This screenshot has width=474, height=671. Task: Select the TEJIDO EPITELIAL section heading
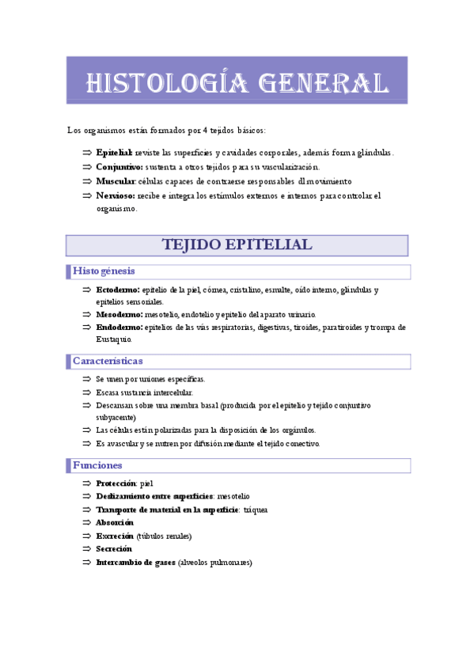tap(237, 245)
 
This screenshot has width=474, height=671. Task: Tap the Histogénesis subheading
tap(104, 271)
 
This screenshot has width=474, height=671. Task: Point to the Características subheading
tap(108, 361)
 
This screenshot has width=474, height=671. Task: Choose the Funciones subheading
tap(97, 464)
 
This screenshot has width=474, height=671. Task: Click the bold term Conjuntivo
tap(119, 167)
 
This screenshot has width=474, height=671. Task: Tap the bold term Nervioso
tap(115, 195)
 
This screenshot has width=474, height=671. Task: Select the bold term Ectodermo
tap(117, 290)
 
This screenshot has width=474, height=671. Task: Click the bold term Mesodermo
tap(118, 314)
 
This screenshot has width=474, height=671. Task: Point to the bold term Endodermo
tap(119, 327)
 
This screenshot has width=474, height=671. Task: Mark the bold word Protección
tap(116, 483)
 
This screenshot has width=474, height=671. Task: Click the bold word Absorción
tap(114, 522)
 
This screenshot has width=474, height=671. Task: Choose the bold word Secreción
tap(114, 549)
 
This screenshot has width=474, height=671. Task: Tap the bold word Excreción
tap(114, 536)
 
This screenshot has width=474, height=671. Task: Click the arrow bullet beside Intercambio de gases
tap(87, 563)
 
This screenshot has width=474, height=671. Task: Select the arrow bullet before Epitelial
tap(87, 153)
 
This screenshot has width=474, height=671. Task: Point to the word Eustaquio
tap(114, 339)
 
